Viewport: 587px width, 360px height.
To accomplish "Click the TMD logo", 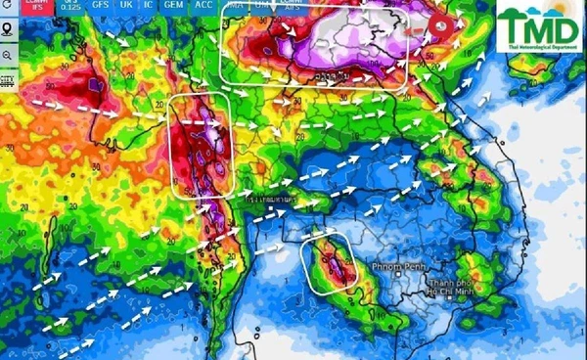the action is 539,26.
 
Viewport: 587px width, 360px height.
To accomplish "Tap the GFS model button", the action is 101,6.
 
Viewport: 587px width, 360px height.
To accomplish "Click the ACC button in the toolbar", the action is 204,6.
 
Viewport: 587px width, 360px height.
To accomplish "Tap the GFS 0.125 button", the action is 70,6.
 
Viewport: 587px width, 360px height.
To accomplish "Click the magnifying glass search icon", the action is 7,56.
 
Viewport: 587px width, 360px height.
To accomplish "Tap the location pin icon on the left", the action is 7,32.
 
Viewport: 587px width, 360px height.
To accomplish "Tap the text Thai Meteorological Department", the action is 539,47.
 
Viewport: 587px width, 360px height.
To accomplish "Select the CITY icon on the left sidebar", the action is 7,79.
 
